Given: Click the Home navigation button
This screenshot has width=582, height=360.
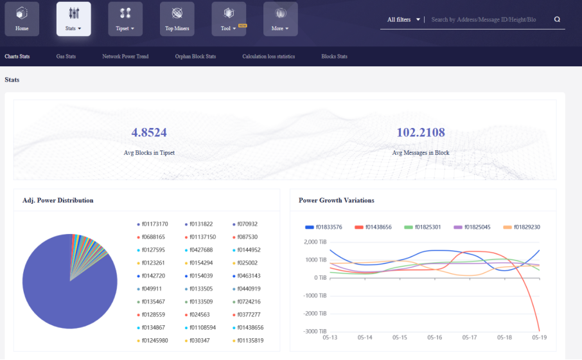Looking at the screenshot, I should pyautogui.click(x=22, y=19).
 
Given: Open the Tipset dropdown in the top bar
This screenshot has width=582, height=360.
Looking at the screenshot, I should pyautogui.click(x=125, y=19).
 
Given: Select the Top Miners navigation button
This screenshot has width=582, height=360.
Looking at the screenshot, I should pyautogui.click(x=177, y=19).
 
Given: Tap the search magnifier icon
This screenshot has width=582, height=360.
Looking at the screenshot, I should pyautogui.click(x=557, y=19).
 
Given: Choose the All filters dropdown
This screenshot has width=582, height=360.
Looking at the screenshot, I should pyautogui.click(x=403, y=20).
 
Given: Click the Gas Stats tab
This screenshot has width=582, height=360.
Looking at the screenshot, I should pyautogui.click(x=66, y=57).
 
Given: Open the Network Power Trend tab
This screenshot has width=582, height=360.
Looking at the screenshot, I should pyautogui.click(x=125, y=57).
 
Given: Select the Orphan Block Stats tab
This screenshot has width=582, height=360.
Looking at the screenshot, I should pyautogui.click(x=195, y=57).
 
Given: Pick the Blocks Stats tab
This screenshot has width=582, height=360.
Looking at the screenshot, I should pyautogui.click(x=334, y=57).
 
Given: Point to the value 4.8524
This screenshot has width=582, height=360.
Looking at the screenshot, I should pyautogui.click(x=149, y=132).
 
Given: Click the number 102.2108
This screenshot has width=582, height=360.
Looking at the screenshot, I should pyautogui.click(x=421, y=132).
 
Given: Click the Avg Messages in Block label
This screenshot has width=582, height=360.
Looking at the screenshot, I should pyautogui.click(x=421, y=153).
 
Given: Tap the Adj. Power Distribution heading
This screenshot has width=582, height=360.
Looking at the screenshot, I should pyautogui.click(x=58, y=201).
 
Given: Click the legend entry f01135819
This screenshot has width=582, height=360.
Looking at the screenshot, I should pyautogui.click(x=249, y=341).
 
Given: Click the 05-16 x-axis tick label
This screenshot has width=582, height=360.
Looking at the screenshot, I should pyautogui.click(x=435, y=337).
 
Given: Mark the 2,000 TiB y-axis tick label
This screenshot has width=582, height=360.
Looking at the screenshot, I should pyautogui.click(x=315, y=242).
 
